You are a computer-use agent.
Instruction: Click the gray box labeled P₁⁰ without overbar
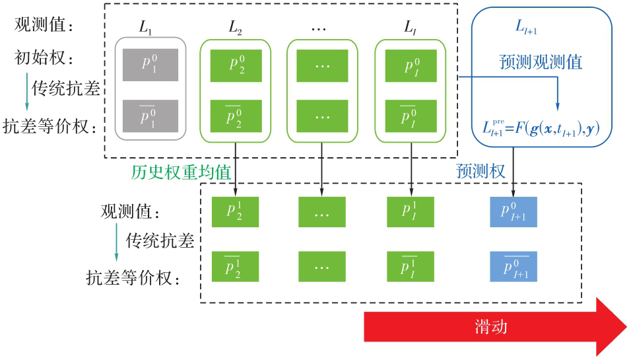point(150,65)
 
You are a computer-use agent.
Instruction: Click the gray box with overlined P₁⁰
point(150,116)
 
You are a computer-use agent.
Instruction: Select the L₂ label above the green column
point(236,27)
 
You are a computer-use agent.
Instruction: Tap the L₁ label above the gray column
point(145,27)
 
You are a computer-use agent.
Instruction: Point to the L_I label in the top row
point(411,27)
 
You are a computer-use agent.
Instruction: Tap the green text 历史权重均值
point(181,172)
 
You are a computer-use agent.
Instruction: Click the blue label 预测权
point(481,171)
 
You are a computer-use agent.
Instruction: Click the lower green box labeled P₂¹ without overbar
point(234,211)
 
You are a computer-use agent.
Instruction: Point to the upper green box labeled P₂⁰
point(236,65)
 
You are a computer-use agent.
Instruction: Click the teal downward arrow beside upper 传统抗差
point(26,92)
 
